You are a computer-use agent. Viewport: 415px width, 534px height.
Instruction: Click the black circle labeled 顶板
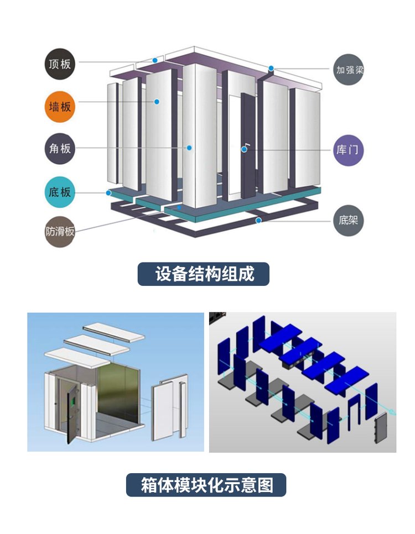tap(59, 64)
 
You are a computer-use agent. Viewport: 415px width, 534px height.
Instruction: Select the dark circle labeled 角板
tap(59, 149)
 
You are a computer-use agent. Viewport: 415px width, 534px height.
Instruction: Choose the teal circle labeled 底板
tap(59, 192)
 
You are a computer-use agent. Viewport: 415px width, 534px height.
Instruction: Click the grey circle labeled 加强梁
tap(349, 70)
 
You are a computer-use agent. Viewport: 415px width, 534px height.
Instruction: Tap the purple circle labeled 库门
tap(349, 149)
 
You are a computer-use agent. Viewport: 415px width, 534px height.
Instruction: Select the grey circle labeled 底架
tap(349, 221)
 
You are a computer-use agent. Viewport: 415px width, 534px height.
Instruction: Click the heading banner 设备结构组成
tap(204, 274)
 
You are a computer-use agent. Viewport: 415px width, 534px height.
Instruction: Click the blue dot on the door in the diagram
tap(244, 149)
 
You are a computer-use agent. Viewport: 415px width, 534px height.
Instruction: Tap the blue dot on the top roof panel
tap(155, 60)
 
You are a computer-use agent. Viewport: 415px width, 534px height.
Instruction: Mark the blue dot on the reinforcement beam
tap(272, 69)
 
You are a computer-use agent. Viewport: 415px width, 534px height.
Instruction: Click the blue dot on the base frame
tap(258, 221)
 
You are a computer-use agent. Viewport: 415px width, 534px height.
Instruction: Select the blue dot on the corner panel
tap(189, 148)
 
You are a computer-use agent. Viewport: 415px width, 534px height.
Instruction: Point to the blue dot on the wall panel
tap(157, 102)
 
